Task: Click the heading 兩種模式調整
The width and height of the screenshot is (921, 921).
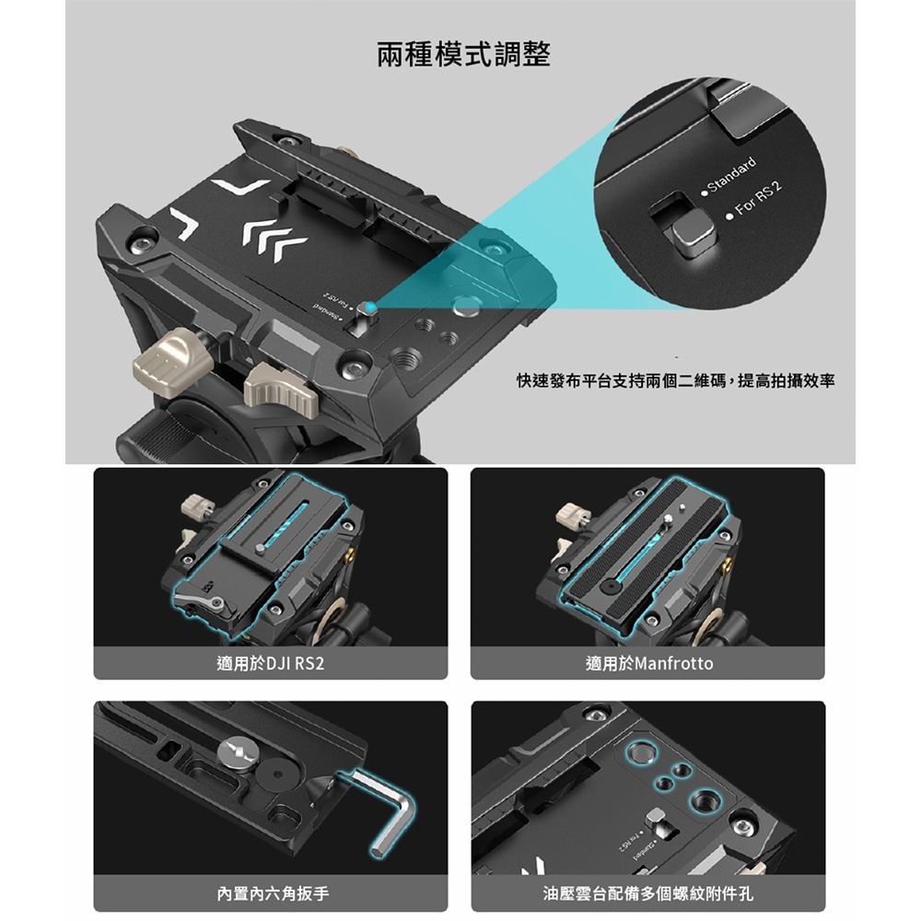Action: pyautogui.click(x=464, y=55)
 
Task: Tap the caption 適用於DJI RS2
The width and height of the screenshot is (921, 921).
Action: pyautogui.click(x=270, y=663)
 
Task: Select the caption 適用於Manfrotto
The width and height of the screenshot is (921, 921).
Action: pyautogui.click(x=649, y=663)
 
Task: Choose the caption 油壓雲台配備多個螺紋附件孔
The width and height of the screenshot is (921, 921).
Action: pyautogui.click(x=648, y=893)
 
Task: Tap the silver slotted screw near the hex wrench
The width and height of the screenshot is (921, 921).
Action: pyautogui.click(x=237, y=753)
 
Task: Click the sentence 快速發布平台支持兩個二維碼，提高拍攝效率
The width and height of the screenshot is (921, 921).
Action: pyautogui.click(x=675, y=379)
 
